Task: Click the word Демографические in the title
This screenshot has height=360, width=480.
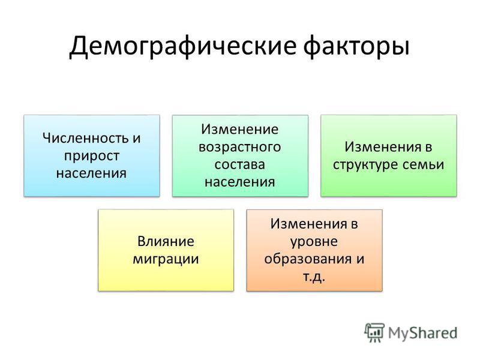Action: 183,46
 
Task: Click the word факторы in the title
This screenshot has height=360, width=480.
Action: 356,46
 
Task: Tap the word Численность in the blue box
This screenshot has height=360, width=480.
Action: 85,138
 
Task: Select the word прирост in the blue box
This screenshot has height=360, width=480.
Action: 92,156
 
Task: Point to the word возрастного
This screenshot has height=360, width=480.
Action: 239,147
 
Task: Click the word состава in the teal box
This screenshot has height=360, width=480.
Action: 239,164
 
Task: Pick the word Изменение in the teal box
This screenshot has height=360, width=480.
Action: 239,129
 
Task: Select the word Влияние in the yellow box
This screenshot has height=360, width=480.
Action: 166,241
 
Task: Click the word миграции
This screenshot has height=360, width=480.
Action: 166,259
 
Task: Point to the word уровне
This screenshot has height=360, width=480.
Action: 314,242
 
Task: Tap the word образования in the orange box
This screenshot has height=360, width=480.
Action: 308,259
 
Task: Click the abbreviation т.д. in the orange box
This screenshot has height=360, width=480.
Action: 314,277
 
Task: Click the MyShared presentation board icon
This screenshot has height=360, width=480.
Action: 374,332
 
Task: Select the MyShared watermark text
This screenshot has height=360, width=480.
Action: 422,333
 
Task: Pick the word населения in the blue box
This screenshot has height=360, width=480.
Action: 92,173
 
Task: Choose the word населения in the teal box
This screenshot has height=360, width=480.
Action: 239,182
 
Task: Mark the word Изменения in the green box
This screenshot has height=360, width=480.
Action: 382,147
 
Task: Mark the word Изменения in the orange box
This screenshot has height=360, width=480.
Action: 308,224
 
